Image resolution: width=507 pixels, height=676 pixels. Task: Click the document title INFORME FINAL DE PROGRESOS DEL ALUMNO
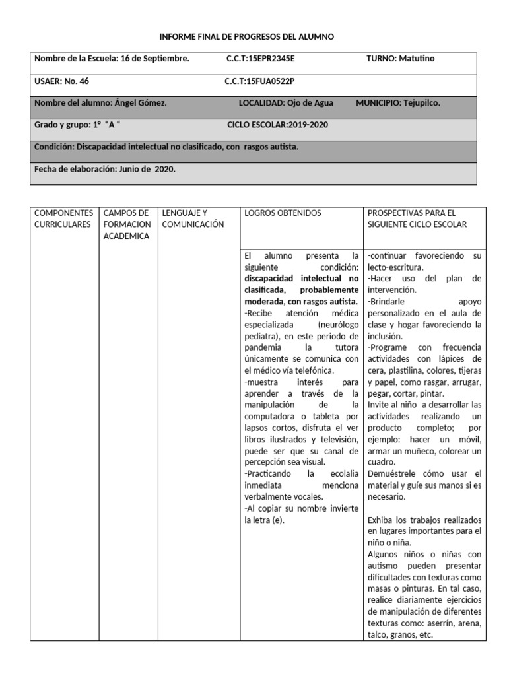[x=248, y=37]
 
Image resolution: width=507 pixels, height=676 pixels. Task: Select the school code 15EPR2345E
[x=271, y=59]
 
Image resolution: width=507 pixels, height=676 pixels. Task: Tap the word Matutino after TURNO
[x=416, y=59]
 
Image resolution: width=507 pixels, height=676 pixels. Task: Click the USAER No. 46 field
[x=61, y=81]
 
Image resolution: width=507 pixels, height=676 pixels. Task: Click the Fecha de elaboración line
[x=104, y=168]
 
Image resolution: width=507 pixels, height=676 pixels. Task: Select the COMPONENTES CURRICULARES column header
[x=63, y=219]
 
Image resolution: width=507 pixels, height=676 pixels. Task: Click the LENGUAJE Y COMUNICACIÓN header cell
[x=193, y=219]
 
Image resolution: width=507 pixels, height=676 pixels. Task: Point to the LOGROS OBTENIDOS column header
[x=283, y=213]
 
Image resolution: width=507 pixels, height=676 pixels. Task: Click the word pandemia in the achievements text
[x=263, y=347]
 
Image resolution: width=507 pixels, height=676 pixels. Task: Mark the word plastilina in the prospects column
[x=407, y=371]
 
